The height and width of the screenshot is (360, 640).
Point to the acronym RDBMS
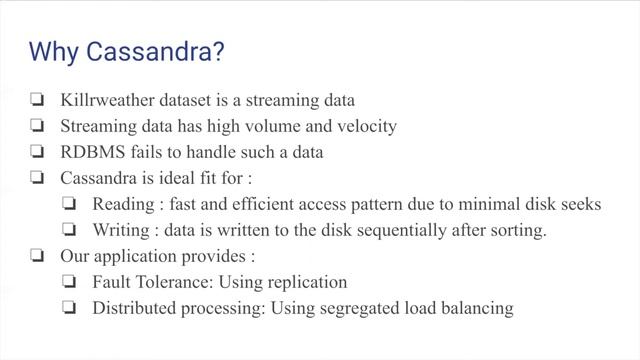click(x=96, y=152)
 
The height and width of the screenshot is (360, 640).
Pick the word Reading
click(x=125, y=204)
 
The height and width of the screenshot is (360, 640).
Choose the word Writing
click(x=123, y=230)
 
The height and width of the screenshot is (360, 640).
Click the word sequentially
click(x=401, y=230)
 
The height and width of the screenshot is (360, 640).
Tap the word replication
click(x=304, y=282)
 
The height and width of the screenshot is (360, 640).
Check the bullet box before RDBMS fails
click(x=37, y=153)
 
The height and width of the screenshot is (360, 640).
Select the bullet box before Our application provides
click(x=37, y=257)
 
